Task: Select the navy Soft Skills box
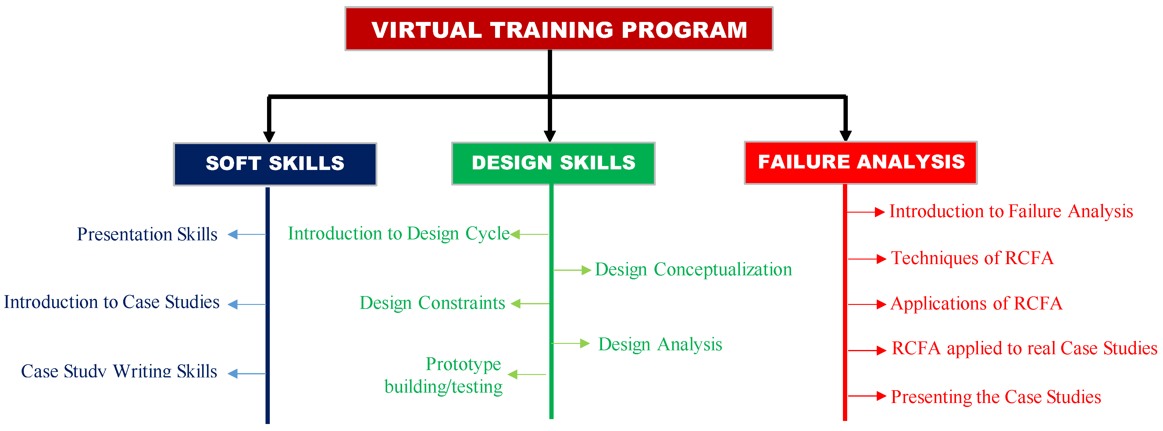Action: (x=275, y=164)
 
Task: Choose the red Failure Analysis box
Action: (x=861, y=162)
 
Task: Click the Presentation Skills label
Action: (x=147, y=234)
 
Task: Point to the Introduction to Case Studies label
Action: (x=112, y=302)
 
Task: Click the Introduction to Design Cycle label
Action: (x=399, y=234)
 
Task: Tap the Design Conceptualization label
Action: (x=694, y=270)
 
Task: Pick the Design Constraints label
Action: (x=432, y=303)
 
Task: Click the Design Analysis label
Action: (x=660, y=344)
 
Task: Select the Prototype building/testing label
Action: (x=443, y=375)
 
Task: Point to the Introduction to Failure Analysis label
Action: (x=1011, y=211)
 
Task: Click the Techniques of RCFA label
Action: (x=972, y=258)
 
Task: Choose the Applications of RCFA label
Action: (x=976, y=303)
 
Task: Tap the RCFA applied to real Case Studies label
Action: (x=1024, y=348)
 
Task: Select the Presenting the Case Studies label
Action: (x=996, y=397)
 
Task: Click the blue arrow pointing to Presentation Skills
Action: (x=247, y=234)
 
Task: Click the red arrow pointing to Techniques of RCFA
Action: (x=867, y=259)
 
